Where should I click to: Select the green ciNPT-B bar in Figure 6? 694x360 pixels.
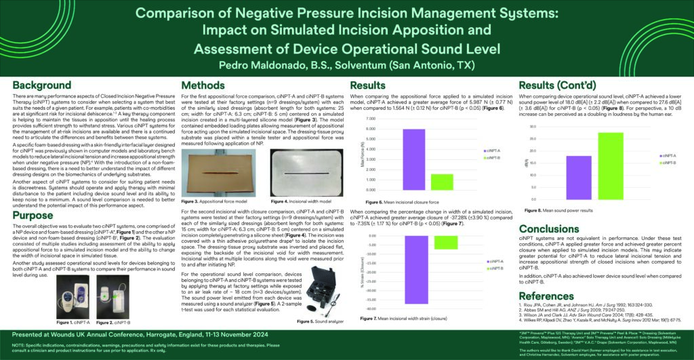[x=442, y=182]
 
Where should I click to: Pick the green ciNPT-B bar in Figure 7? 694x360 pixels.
[x=441, y=243]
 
